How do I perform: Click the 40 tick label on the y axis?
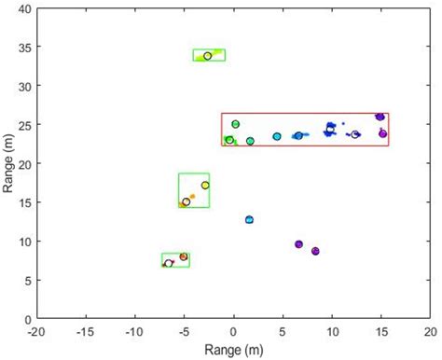click(23, 8)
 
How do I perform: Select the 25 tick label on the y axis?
click(23, 125)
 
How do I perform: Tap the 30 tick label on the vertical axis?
click(23, 86)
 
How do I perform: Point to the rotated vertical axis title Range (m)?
click(7, 163)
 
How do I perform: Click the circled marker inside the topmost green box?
click(207, 56)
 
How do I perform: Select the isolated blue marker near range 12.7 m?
click(249, 220)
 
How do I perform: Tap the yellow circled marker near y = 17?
click(205, 185)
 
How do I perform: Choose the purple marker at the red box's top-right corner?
click(380, 117)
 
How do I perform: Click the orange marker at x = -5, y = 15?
click(186, 201)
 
